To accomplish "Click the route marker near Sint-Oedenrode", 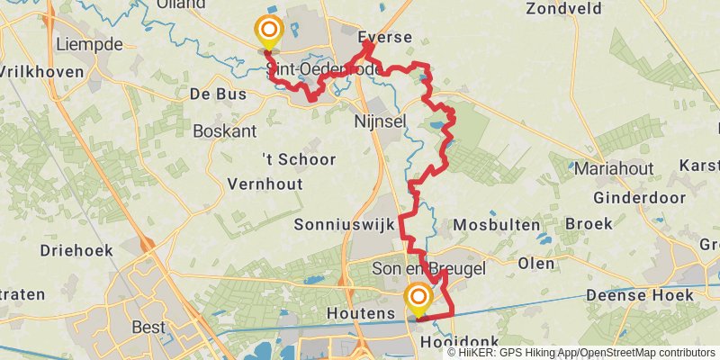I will pos(268,33).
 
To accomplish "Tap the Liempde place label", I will pos(88,43).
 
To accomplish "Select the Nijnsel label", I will pos(382,121).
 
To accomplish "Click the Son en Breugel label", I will pos(428,269).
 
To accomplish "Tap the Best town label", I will pos(148,327).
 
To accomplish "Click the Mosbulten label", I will pos(498,224).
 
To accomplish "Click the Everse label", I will pos(384,38).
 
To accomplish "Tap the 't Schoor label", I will pos(299,159).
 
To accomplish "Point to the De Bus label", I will pos(212,93).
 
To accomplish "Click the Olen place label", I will pos(537,263).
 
